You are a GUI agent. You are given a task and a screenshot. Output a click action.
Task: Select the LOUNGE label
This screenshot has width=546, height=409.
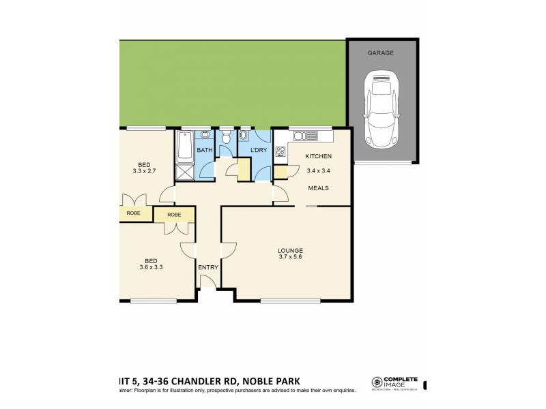click(x=290, y=250)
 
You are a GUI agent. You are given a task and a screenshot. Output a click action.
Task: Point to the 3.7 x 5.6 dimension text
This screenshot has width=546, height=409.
click(x=290, y=258)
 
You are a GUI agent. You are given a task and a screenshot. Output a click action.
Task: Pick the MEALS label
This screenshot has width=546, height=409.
click(x=318, y=188)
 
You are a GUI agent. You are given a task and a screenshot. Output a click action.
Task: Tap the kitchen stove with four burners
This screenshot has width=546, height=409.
click(x=280, y=152)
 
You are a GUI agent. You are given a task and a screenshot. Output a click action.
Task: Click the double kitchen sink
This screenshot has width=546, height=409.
click(x=301, y=136)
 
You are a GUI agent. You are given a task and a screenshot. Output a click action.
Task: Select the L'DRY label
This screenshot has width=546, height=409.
click(x=258, y=149)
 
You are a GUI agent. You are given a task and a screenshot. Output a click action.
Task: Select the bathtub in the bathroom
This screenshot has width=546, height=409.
click(x=184, y=145)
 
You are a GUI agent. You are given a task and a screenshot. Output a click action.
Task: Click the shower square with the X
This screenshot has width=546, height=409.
click(x=184, y=172)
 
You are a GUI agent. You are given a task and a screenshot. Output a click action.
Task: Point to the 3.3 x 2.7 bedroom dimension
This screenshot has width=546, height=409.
click(x=144, y=172)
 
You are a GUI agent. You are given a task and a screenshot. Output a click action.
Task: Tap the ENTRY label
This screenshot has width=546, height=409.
click(x=208, y=267)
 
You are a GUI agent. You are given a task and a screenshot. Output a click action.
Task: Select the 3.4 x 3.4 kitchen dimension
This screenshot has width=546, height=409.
click(x=318, y=170)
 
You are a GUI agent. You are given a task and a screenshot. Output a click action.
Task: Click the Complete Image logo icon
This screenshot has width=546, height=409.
click(x=376, y=382)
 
